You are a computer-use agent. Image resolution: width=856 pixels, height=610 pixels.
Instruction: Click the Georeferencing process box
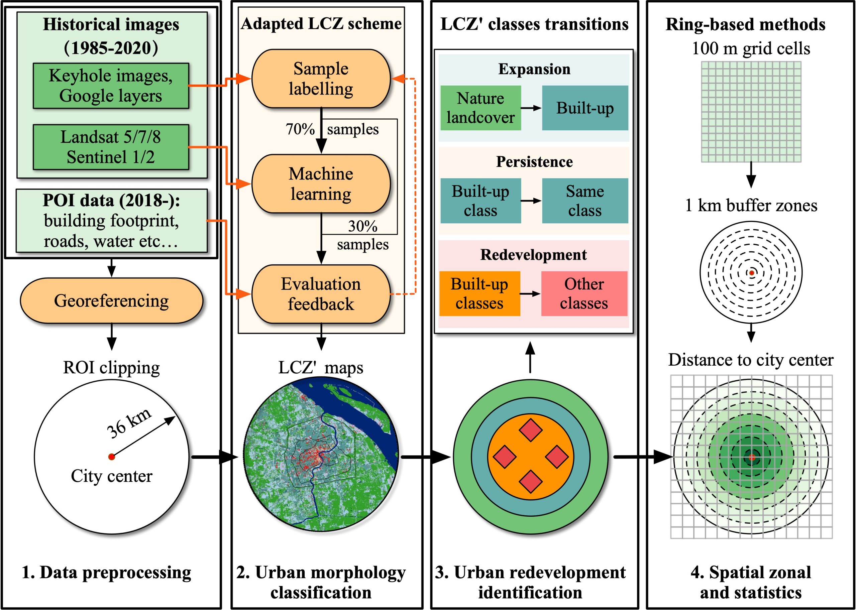click(x=111, y=301)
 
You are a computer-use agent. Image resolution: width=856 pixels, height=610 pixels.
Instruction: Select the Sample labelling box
click(x=321, y=79)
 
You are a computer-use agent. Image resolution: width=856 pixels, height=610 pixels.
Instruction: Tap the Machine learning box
click(x=321, y=184)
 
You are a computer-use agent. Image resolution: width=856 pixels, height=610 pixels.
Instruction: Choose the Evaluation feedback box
click(x=321, y=294)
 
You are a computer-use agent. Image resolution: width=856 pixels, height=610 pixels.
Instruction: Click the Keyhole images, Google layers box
click(x=111, y=86)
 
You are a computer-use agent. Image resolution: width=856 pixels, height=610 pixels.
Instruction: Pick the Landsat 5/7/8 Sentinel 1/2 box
click(x=111, y=147)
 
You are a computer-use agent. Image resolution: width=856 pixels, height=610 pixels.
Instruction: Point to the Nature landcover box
click(x=480, y=108)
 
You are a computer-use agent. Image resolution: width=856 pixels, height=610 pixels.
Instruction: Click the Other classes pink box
click(x=584, y=293)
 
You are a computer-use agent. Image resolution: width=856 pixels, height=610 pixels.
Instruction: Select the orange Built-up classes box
click(x=479, y=293)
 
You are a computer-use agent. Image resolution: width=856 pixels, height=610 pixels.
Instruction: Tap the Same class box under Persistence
click(x=585, y=201)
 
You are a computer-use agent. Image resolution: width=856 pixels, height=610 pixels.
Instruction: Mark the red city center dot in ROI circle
click(x=111, y=457)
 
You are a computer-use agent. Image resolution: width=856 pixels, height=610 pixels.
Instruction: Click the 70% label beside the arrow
click(x=300, y=129)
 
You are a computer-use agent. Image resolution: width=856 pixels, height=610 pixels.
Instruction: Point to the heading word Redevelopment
click(x=533, y=255)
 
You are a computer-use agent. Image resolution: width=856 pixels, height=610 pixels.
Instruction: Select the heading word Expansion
click(x=534, y=69)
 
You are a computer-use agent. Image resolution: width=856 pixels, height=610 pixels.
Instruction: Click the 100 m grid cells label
click(x=751, y=48)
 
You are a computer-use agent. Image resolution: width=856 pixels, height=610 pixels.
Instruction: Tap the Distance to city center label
click(x=751, y=360)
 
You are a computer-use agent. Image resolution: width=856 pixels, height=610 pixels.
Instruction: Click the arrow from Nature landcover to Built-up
click(x=531, y=108)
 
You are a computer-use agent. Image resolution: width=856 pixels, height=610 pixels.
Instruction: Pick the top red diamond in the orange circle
click(x=530, y=430)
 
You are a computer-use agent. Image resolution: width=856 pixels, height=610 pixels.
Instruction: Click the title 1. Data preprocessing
click(x=107, y=573)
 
